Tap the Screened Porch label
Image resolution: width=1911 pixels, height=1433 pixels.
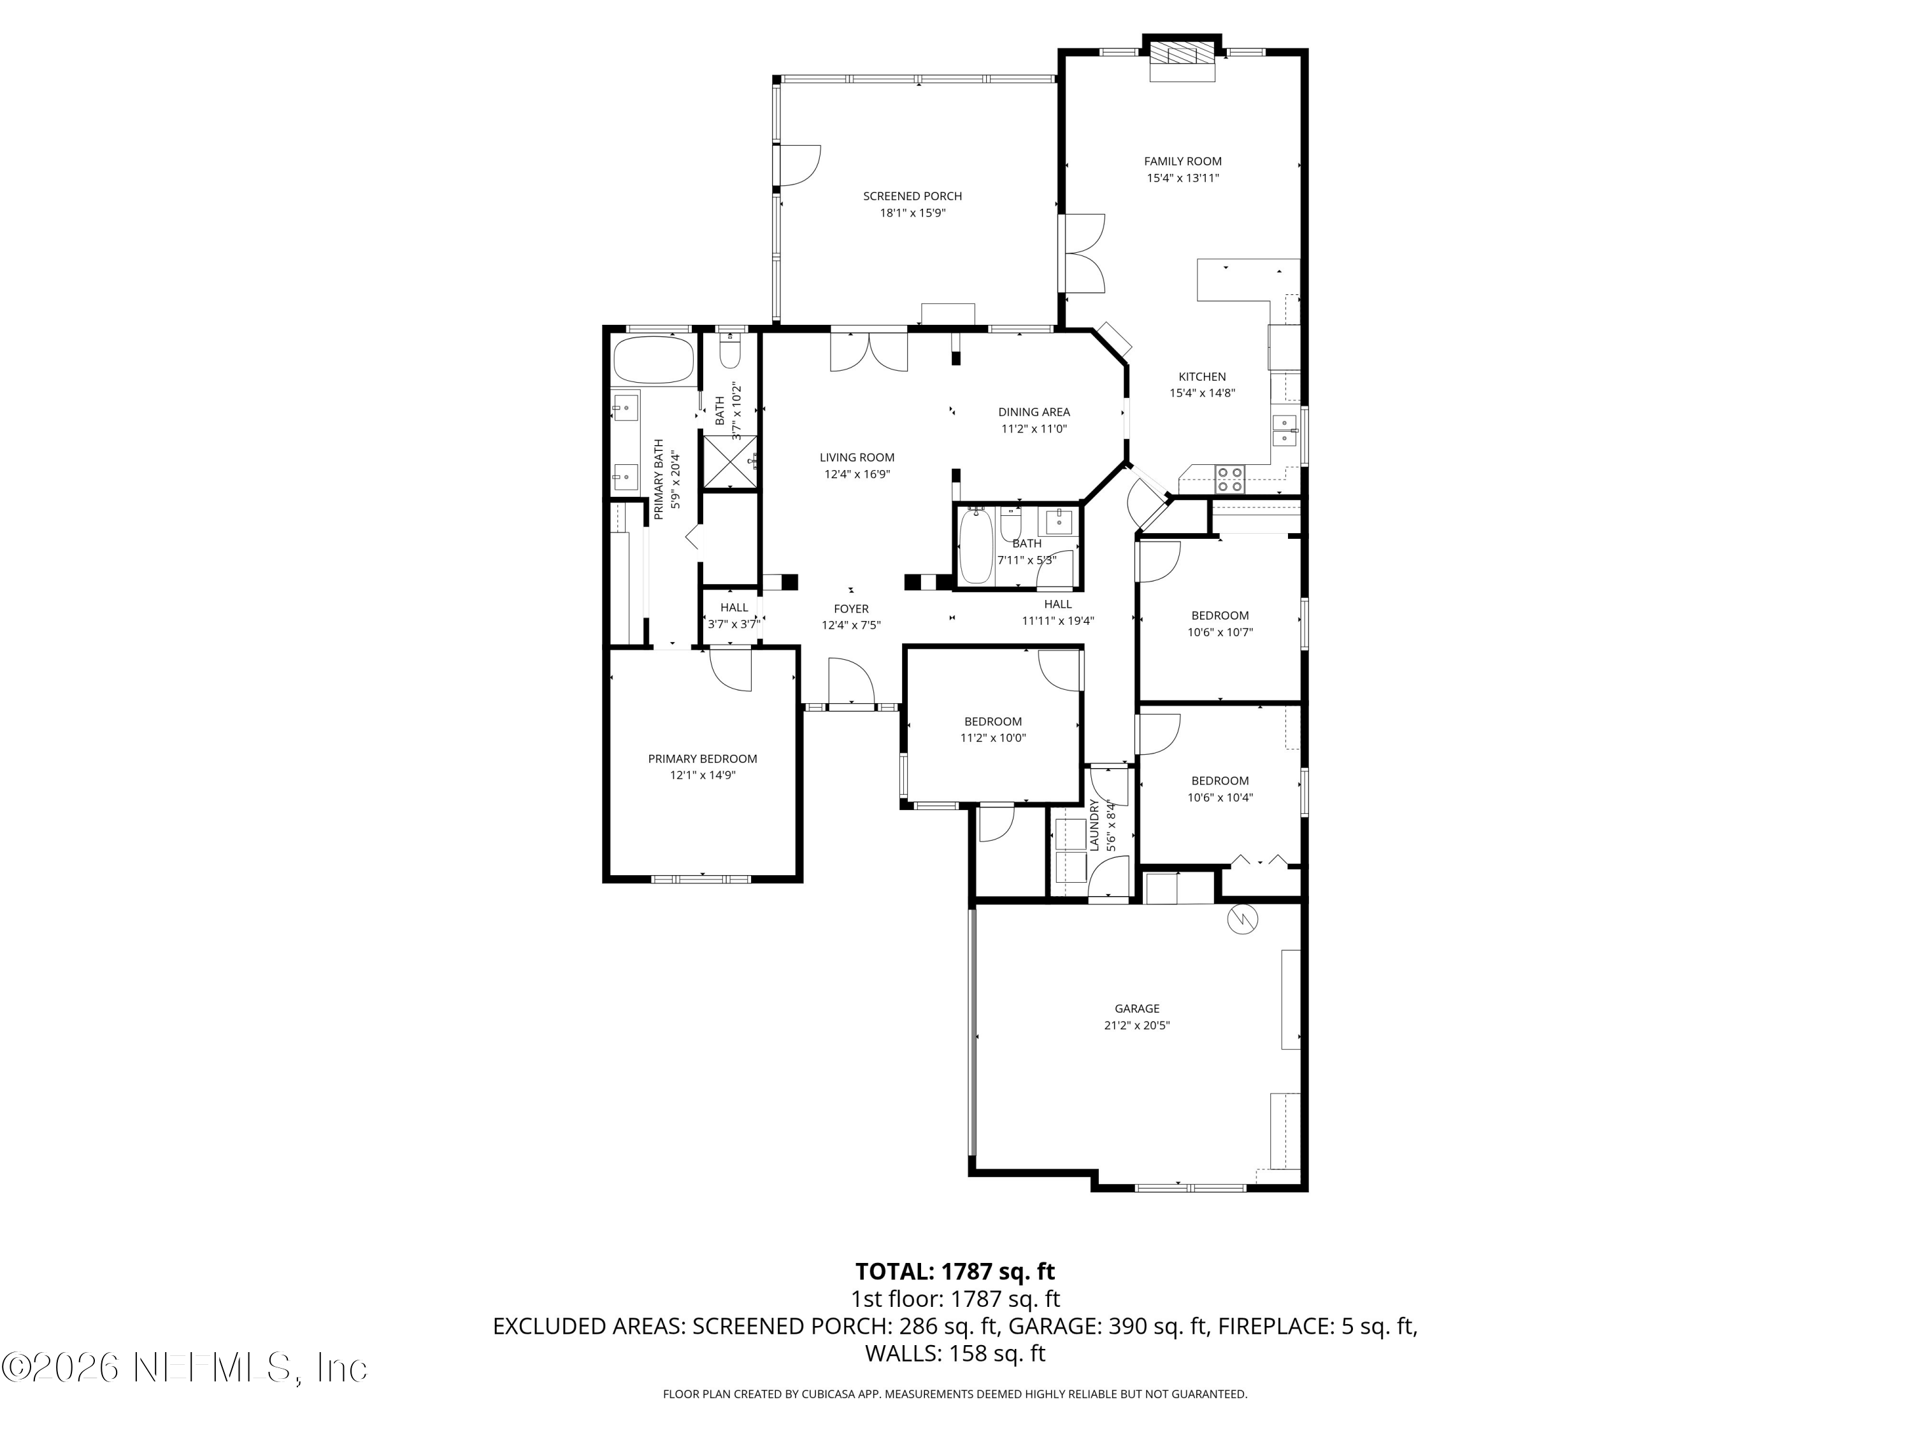[x=912, y=196]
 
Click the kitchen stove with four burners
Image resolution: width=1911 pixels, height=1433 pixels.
[x=1229, y=478]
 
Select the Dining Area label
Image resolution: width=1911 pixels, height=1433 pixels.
[x=1033, y=412]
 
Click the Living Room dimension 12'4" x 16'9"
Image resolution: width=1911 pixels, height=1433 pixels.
[x=856, y=474]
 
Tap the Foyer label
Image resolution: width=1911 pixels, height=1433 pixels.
[x=851, y=609]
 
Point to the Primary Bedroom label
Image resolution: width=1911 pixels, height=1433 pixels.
[x=703, y=759]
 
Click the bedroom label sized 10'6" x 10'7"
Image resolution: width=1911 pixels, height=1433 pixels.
[x=1219, y=616]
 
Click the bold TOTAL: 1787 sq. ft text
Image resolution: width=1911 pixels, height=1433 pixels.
[x=955, y=1271]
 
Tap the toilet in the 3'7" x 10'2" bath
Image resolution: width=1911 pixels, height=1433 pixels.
[x=730, y=353]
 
